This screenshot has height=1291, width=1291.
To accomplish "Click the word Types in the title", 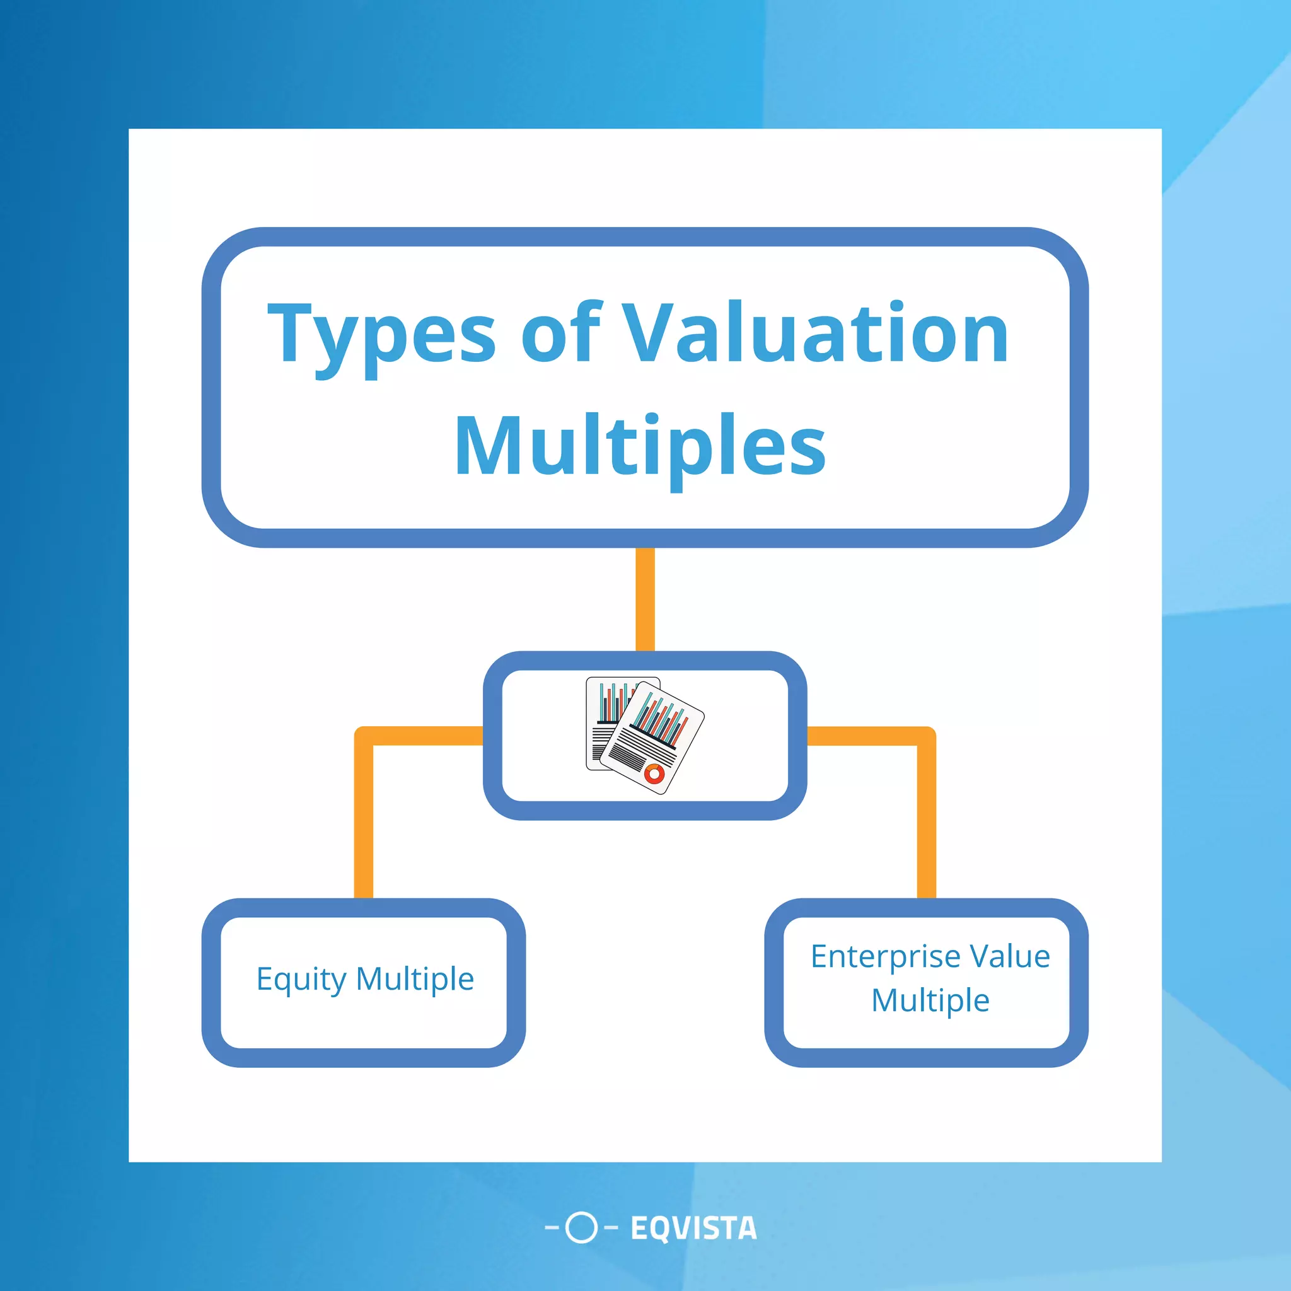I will (381, 334).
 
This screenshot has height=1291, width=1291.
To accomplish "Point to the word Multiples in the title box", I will (640, 446).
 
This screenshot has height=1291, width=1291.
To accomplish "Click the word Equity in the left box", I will (302, 980).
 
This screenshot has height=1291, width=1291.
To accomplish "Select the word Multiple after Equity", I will (415, 979).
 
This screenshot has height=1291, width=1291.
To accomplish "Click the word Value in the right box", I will (1010, 956).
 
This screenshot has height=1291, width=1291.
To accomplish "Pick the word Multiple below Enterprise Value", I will (930, 1000).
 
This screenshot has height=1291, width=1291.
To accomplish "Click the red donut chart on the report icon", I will (654, 775).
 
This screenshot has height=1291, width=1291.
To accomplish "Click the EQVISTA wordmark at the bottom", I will (693, 1228).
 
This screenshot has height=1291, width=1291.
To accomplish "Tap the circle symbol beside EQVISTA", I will (581, 1227).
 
